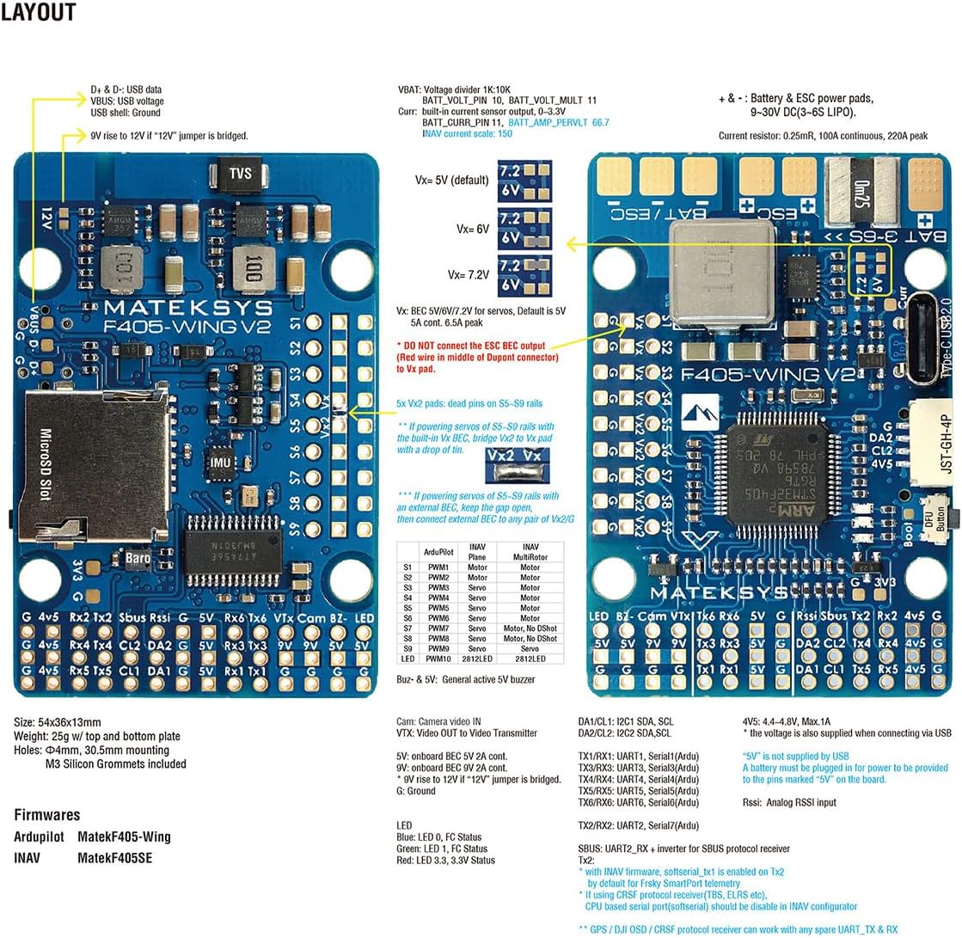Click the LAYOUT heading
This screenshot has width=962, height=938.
(x=38, y=12)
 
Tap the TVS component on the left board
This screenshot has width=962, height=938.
(x=240, y=175)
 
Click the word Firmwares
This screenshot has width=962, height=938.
(x=47, y=814)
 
